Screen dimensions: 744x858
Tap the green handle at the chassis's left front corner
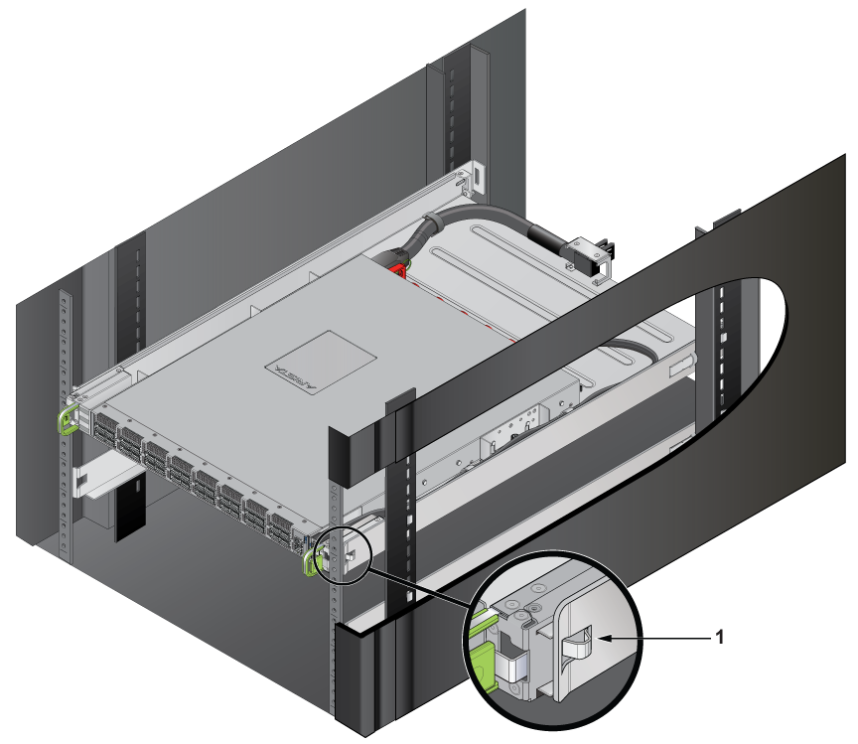(x=69, y=416)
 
